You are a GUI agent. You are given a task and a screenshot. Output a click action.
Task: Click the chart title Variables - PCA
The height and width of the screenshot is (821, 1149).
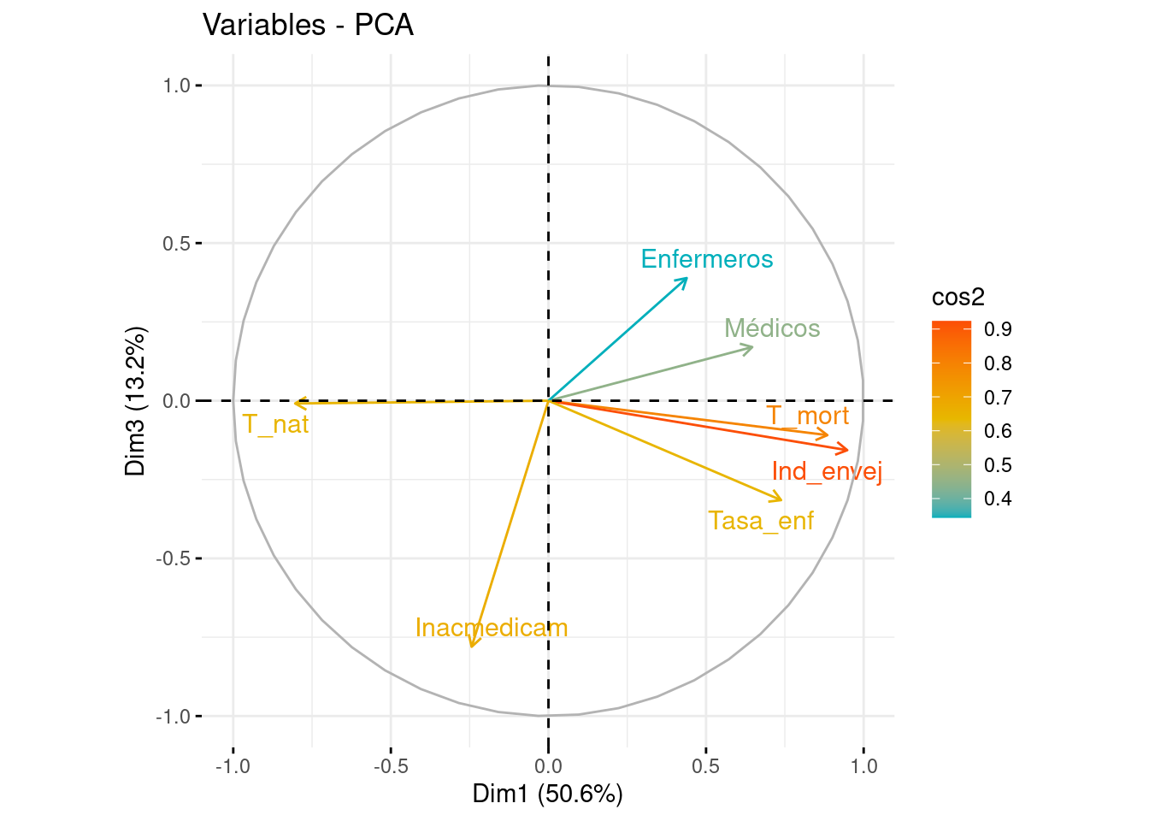pos(308,26)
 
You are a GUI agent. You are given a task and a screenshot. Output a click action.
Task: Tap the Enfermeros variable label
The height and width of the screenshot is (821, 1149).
pos(706,259)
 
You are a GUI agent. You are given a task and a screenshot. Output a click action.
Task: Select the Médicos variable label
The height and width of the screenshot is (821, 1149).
pos(771,328)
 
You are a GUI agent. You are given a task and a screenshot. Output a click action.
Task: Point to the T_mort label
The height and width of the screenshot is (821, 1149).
pos(807,416)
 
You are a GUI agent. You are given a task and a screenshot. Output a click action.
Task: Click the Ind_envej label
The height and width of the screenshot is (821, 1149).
pos(826,471)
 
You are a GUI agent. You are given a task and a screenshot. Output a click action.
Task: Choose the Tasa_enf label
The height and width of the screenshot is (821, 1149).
pos(761,521)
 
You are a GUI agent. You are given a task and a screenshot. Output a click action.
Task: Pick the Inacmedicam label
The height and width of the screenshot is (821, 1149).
pos(491,628)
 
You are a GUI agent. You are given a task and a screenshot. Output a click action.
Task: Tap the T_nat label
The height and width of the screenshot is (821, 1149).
pos(275,423)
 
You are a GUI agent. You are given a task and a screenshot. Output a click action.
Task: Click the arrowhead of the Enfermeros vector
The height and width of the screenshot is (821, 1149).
pos(686,278)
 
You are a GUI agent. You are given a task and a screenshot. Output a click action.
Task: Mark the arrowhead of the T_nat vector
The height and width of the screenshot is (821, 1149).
pos(296,403)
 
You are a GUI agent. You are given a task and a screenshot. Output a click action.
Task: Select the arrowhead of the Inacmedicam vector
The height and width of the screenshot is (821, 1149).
pos(471,647)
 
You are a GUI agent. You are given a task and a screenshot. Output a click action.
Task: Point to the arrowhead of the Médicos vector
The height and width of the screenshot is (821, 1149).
pos(752,346)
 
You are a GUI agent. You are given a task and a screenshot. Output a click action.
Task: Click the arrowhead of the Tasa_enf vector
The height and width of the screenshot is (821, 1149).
pos(781,500)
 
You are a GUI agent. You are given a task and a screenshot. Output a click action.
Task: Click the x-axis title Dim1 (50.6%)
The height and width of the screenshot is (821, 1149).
pos(547,794)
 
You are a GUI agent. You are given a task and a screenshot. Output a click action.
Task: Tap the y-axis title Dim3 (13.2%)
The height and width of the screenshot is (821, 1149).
pos(137,400)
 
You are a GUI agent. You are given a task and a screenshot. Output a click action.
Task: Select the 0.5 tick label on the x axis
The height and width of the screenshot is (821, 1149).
pos(705,765)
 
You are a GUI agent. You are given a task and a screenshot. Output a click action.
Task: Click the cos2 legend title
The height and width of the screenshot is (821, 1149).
pos(958,297)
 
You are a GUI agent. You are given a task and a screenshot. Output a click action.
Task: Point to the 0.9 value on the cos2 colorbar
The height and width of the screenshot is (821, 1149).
pos(998,329)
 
